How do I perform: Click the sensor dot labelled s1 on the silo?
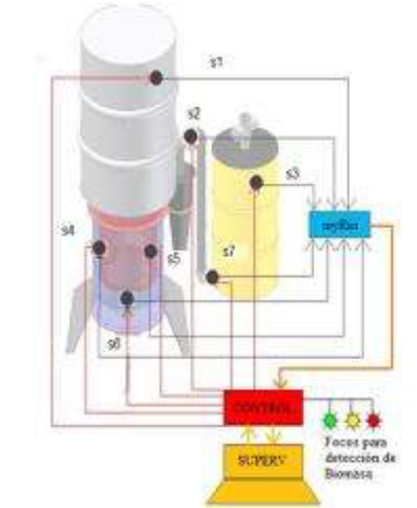[155, 78]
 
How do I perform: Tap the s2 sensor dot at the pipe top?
[190, 136]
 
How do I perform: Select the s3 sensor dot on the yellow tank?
[255, 184]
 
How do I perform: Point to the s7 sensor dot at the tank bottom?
[211, 277]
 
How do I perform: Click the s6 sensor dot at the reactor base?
[127, 298]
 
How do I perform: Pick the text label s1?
[216, 63]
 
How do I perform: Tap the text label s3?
[293, 174]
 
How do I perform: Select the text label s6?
[114, 345]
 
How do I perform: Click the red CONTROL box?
[263, 407]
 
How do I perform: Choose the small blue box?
[339, 224]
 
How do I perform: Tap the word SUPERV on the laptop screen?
[262, 460]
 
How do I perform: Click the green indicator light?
[330, 421]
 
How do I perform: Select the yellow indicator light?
[352, 421]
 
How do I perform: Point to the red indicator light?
[373, 421]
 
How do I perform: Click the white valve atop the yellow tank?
[244, 125]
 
